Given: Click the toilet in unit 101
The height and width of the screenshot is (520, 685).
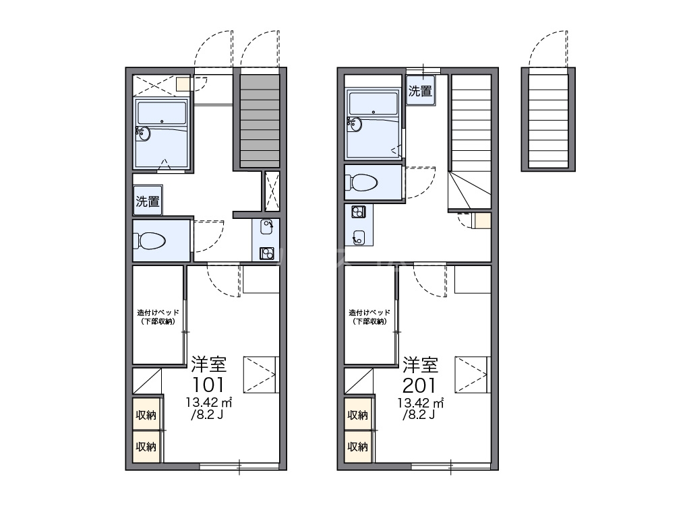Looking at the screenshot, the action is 150,240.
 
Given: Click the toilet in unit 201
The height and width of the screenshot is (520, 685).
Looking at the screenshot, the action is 361,183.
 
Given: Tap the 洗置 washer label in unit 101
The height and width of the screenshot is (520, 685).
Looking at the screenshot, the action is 148,201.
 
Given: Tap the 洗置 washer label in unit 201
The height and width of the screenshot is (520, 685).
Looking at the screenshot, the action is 420,91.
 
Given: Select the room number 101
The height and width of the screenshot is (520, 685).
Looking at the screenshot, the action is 208,385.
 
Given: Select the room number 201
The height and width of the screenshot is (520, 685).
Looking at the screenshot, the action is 419,385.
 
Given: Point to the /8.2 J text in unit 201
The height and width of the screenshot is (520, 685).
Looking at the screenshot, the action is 419,414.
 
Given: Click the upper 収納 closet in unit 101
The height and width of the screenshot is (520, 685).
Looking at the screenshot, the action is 146,414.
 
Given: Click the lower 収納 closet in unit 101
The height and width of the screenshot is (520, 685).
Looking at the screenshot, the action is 146,447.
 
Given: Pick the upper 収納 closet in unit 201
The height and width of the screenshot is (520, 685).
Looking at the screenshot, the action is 358,414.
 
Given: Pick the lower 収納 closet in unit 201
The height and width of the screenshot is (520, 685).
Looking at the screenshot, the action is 358,447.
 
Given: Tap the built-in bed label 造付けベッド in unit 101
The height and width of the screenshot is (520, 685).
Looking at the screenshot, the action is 158,313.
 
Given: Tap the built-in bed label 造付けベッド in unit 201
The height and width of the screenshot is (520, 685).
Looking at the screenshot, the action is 369,313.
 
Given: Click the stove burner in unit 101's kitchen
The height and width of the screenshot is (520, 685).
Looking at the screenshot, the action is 266,253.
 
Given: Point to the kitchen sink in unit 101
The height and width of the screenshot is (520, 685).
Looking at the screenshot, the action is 266,226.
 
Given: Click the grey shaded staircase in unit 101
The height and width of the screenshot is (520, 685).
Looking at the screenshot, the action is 260,121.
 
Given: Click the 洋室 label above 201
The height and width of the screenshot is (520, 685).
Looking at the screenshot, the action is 420,364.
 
